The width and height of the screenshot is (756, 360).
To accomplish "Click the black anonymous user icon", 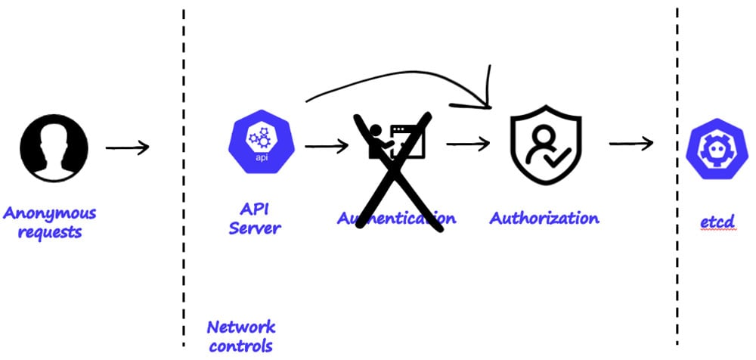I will pyautogui.click(x=54, y=147).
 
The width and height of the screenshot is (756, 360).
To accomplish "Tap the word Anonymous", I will pyautogui.click(x=50, y=213).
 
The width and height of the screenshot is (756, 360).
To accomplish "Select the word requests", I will pyautogui.click(x=49, y=232).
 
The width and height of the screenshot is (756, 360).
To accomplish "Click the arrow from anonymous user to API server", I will pyautogui.click(x=127, y=146).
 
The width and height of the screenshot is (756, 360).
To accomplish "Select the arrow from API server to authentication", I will pyautogui.click(x=326, y=145).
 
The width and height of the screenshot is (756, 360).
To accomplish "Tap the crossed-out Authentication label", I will pyautogui.click(x=396, y=219).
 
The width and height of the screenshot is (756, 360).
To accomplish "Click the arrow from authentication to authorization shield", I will pyautogui.click(x=469, y=143).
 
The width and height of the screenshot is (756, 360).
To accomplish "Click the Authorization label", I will pyautogui.click(x=544, y=219).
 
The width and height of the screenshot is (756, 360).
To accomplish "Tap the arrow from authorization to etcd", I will pyautogui.click(x=631, y=143).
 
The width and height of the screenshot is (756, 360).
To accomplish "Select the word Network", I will pyautogui.click(x=241, y=327).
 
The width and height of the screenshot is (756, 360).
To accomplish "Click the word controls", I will pyautogui.click(x=240, y=346).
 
